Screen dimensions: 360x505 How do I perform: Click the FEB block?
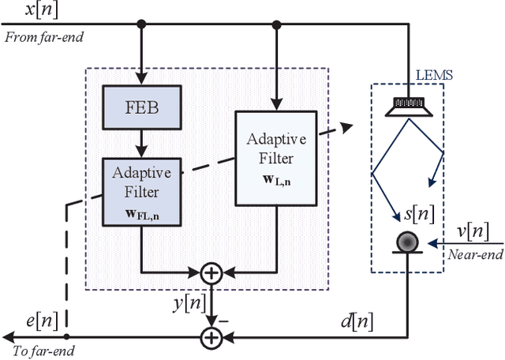pos(143,107)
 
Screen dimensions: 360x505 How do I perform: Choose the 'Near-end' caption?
pos(473,254)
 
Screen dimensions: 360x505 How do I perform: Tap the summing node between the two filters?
pos(211,273)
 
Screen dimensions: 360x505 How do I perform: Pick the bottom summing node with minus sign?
pos(211,337)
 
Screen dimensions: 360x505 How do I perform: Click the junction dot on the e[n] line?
pos(68,337)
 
